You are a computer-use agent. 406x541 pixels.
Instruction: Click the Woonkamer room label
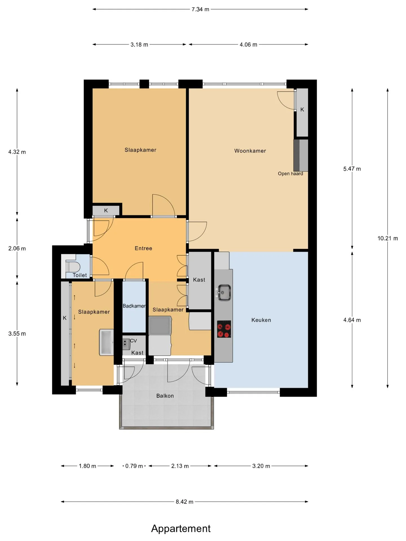[x=250, y=151]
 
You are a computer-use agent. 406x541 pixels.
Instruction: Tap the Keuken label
[x=261, y=320]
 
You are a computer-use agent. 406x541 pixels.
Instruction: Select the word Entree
[x=144, y=248]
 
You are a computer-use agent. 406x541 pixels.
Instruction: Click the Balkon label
[x=165, y=396]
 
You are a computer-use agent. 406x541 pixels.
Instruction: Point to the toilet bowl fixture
[x=73, y=266]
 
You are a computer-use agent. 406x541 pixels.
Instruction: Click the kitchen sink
[x=224, y=292]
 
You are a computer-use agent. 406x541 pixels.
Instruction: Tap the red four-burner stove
[x=224, y=329]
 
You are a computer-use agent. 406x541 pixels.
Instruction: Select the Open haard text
[x=290, y=174]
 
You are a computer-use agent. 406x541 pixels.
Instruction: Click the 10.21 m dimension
[x=388, y=238]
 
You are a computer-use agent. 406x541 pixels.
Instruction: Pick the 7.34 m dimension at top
[x=200, y=9]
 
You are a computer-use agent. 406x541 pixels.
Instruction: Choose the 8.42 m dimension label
[x=185, y=502]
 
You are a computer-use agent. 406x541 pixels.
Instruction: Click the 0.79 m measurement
[x=134, y=466]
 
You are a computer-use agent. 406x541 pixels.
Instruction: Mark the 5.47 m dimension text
[x=352, y=169]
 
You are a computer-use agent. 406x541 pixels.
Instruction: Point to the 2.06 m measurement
[x=17, y=249]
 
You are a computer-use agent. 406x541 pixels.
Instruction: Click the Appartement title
[x=181, y=529]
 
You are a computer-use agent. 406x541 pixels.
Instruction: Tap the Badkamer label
[x=134, y=306]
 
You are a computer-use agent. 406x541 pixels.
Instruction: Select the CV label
[x=133, y=341]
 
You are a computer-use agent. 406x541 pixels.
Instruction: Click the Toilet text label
[x=80, y=275]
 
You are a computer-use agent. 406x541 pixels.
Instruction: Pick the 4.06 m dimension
[x=248, y=45]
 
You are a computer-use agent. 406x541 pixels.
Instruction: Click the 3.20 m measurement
[x=261, y=466]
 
